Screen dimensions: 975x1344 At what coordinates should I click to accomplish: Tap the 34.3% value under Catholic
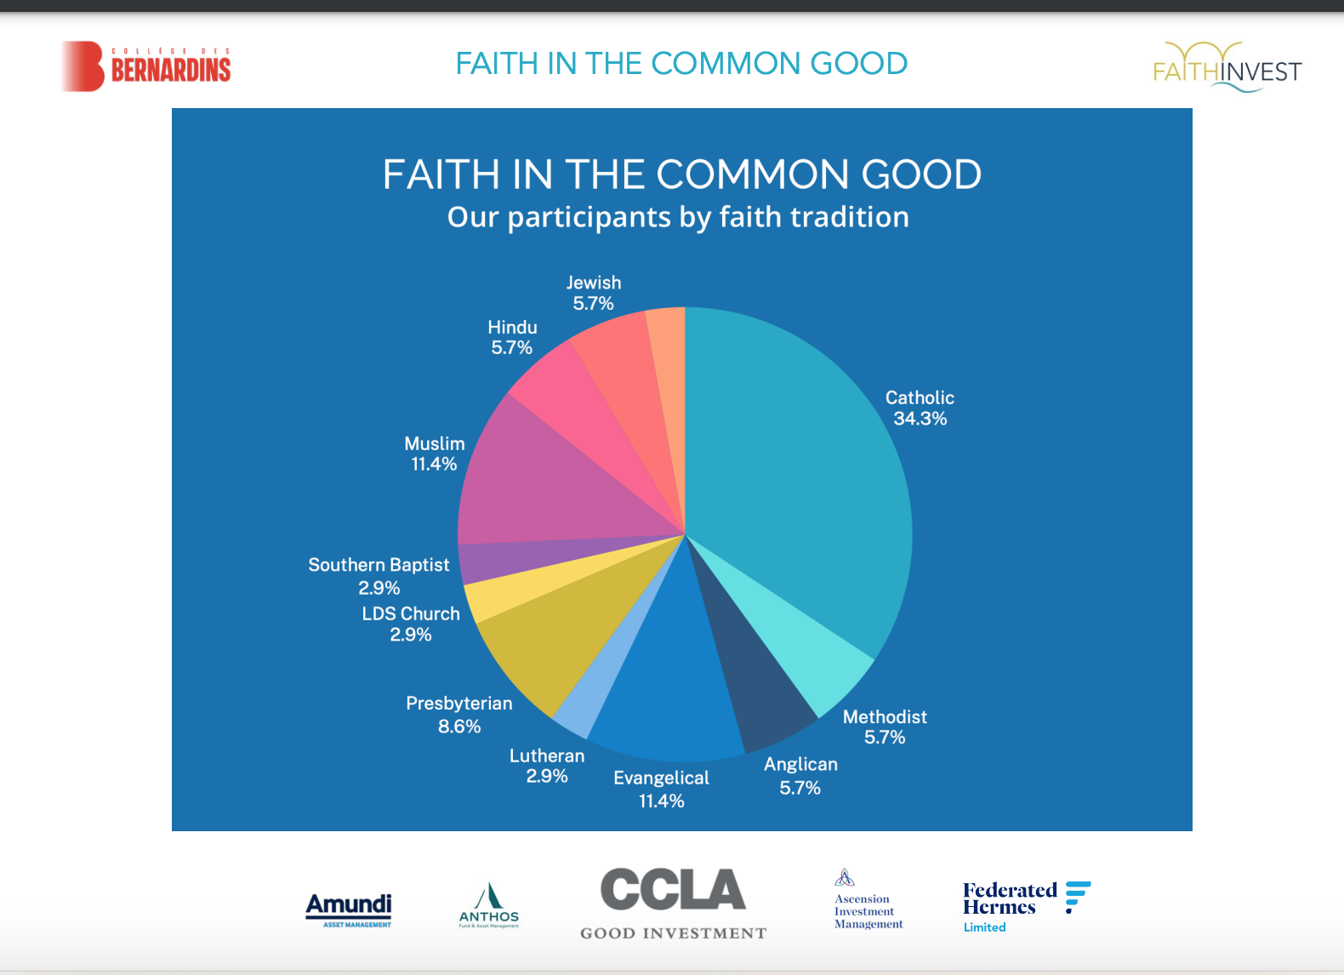[x=920, y=419]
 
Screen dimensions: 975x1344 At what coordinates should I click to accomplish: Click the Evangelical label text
[x=661, y=778]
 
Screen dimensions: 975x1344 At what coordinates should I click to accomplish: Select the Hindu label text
[x=512, y=328]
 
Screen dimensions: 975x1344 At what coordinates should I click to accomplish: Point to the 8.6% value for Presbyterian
[x=459, y=727]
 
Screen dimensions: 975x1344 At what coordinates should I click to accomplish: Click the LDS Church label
[x=411, y=613]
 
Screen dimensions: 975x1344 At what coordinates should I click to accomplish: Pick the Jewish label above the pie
[x=594, y=282]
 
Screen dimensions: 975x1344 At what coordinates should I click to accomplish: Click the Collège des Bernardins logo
[x=146, y=66]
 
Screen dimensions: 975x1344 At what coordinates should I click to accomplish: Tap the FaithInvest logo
[x=1227, y=67]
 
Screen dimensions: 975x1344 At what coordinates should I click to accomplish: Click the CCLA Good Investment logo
[x=673, y=903]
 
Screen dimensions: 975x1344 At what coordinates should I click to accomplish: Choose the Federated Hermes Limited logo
[x=1025, y=906]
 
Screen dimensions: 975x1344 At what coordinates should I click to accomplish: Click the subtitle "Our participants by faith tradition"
[x=678, y=218]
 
